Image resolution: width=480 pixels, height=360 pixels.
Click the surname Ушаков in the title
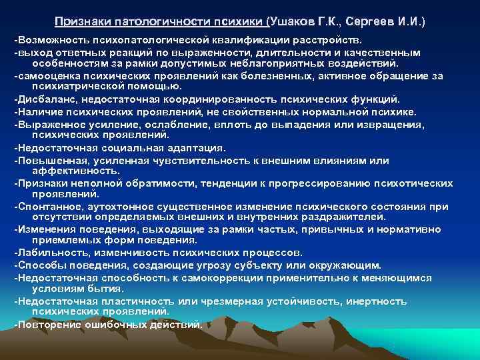click(295, 22)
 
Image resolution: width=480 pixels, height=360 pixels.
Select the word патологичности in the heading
click(159, 22)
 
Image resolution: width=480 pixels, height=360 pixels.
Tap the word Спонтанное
click(46, 207)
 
